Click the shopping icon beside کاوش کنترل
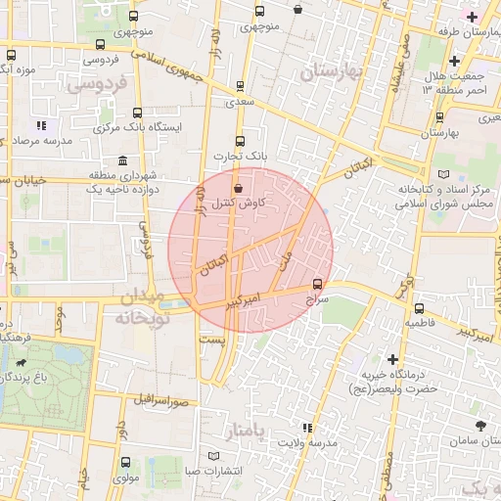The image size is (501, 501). pos(238,188)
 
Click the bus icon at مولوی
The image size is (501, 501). pos(124,462)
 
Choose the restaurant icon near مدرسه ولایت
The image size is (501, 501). pos(306,428)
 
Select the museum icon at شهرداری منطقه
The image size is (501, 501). pos(121,160)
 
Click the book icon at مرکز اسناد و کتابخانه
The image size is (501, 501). pos(446,174)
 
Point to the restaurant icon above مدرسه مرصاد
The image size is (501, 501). pos(40,125)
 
